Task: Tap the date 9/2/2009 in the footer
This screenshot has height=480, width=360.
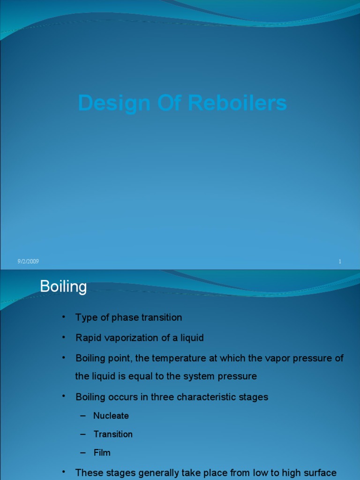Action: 28,262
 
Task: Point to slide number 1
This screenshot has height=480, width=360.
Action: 340,262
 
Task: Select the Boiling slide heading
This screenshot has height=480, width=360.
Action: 63,286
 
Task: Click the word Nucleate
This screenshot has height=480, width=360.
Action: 111,416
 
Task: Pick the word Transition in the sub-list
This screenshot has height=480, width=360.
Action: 113,434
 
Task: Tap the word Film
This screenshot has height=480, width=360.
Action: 102,453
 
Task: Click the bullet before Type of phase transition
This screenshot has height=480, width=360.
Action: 63,317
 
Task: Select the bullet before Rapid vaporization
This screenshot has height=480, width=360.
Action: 63,337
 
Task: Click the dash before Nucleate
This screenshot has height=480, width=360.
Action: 83,416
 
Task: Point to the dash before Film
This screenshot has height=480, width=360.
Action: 83,453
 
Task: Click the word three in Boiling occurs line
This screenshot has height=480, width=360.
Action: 159,397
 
